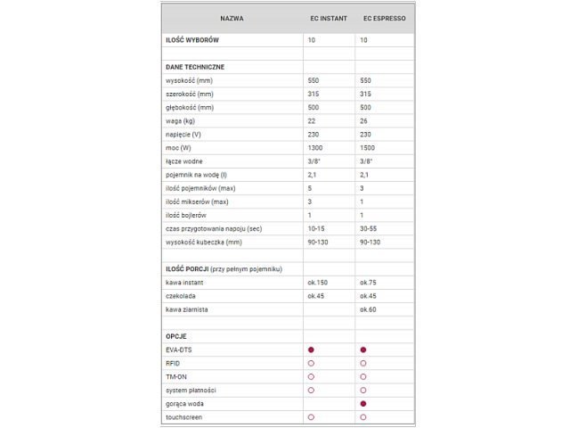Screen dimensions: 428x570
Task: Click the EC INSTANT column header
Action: (329, 18)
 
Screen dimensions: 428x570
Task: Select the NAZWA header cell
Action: (232, 18)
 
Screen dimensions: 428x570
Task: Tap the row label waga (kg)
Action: (182, 121)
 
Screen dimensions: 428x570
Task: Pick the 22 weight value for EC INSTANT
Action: (311, 121)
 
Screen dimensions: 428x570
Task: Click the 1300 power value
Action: (314, 148)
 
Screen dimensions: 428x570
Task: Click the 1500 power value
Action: (368, 148)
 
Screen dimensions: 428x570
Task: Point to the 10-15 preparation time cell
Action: (316, 228)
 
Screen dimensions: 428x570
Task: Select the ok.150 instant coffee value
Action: (317, 282)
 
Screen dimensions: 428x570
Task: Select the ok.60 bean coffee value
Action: (369, 309)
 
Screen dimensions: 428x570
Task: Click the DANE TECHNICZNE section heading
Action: (195, 67)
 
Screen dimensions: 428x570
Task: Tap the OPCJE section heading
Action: (176, 336)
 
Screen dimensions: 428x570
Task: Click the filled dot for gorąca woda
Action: (364, 403)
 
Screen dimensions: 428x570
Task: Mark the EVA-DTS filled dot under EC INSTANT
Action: (311, 350)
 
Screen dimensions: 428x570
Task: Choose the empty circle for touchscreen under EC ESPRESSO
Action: (364, 416)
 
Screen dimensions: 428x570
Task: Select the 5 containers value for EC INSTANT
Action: (309, 188)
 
